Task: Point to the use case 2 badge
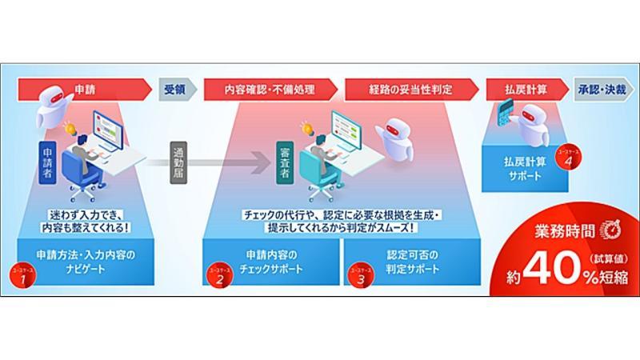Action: pyautogui.click(x=216, y=276)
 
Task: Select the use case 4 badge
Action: pyautogui.click(x=567, y=157)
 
